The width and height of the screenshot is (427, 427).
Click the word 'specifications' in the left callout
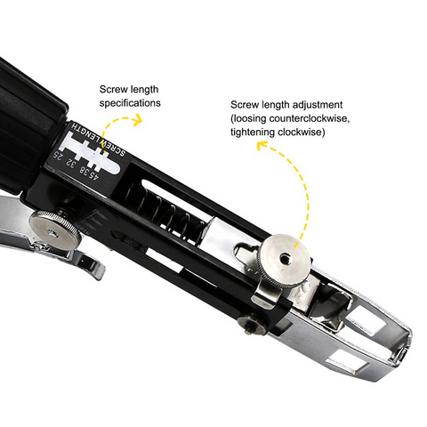click(x=130, y=103)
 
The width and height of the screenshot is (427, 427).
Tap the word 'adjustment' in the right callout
click(x=317, y=105)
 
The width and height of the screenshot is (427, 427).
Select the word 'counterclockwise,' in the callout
click(x=310, y=118)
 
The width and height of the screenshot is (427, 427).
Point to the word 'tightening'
click(x=253, y=132)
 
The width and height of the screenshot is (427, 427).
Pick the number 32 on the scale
click(x=71, y=163)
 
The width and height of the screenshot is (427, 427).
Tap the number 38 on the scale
click(x=82, y=170)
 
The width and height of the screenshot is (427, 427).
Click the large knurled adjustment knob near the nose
click(x=285, y=261)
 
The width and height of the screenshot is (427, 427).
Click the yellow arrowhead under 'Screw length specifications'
click(x=138, y=119)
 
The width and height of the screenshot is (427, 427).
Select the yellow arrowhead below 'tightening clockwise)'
click(x=262, y=145)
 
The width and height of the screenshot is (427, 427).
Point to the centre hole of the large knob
click(x=286, y=255)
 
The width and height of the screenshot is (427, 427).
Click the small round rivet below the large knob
click(x=250, y=324)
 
